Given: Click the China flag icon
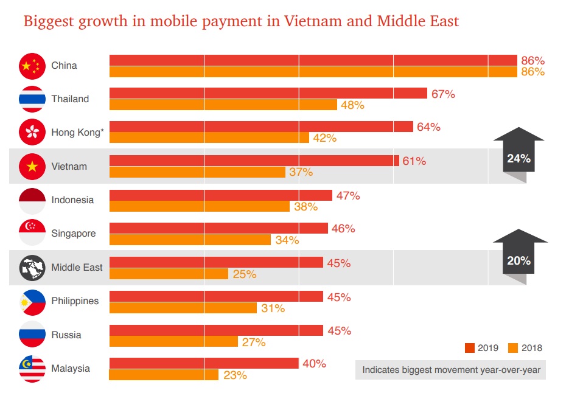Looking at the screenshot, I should click(32, 66).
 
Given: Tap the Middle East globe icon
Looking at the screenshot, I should click(32, 268).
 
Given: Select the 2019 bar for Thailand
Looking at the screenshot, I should click(268, 93).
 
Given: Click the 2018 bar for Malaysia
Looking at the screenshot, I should click(164, 375).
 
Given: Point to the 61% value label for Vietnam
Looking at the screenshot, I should click(414, 161).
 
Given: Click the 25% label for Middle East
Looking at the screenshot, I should click(244, 274).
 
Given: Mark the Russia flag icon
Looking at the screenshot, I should click(32, 335).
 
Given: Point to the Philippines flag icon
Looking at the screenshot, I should click(32, 301).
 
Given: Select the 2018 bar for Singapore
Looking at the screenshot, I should click(190, 240).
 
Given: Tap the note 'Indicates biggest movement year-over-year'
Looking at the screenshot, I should click(450, 369).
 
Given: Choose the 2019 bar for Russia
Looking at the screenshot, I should click(216, 330).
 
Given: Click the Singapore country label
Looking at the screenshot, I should click(74, 234).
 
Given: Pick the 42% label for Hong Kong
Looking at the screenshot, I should click(324, 138).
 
